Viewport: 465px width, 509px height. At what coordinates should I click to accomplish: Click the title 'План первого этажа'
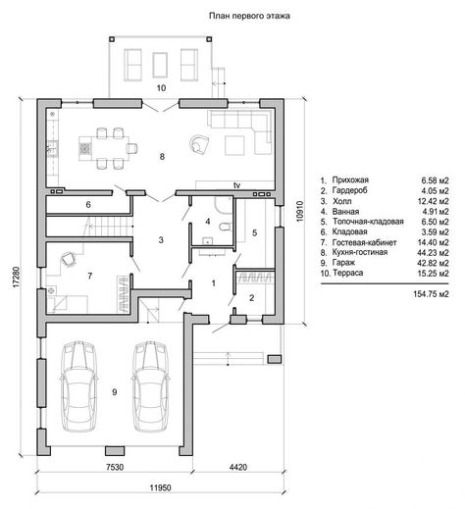pyautogui.click(x=249, y=16)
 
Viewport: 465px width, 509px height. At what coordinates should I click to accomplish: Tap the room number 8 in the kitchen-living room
pyautogui.click(x=162, y=157)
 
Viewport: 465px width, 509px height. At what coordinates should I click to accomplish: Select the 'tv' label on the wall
pyautogui.click(x=236, y=185)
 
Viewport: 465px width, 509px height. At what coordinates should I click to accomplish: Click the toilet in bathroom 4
pyautogui.click(x=226, y=227)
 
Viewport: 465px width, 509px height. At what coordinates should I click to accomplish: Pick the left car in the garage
pyautogui.click(x=78, y=386)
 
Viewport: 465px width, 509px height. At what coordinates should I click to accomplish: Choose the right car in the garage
pyautogui.click(x=151, y=386)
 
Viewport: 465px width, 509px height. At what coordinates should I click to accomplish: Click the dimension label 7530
pyautogui.click(x=115, y=467)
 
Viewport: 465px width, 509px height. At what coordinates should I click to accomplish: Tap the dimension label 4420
pyautogui.click(x=238, y=467)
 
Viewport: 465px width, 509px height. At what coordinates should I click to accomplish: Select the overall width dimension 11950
pyautogui.click(x=161, y=488)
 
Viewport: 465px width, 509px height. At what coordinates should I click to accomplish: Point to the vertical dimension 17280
pyautogui.click(x=17, y=278)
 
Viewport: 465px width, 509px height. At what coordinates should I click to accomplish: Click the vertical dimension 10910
pyautogui.click(x=300, y=212)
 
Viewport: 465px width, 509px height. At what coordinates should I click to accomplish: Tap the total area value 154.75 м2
pyautogui.click(x=431, y=294)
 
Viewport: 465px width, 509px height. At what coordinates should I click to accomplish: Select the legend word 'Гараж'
pyautogui.click(x=343, y=263)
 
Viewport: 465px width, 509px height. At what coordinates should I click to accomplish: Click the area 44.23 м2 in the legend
pyautogui.click(x=433, y=253)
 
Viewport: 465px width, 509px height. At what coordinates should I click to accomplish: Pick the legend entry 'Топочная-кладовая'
pyautogui.click(x=368, y=222)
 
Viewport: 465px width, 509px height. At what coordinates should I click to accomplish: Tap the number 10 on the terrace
pyautogui.click(x=161, y=88)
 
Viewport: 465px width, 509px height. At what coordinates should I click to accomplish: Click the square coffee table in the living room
pyautogui.click(x=234, y=146)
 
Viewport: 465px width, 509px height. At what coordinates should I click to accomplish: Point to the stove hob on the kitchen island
pyautogui.click(x=85, y=148)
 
